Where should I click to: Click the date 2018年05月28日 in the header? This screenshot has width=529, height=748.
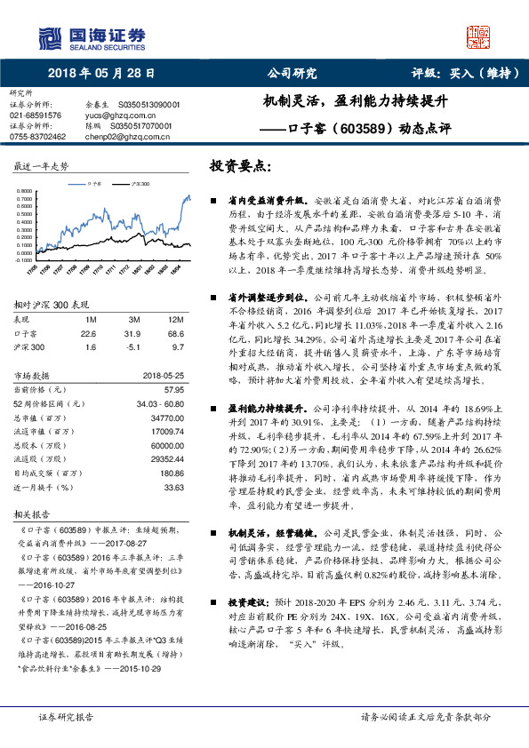click(x=95, y=75)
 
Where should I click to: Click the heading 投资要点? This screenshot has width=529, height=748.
click(x=239, y=166)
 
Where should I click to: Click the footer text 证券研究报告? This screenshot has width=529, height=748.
click(x=65, y=715)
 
